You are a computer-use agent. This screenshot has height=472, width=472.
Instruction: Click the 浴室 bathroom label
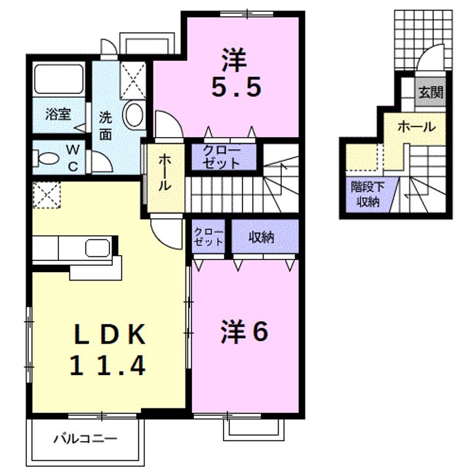click(58, 114)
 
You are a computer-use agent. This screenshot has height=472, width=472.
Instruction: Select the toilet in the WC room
click(49, 159)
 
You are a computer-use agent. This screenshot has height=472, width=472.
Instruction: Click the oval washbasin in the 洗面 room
click(134, 115)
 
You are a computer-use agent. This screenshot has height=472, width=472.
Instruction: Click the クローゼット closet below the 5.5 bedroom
click(221, 157)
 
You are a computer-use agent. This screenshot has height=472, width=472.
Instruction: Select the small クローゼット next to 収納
click(208, 237)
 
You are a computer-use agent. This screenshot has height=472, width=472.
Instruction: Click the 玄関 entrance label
click(431, 92)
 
